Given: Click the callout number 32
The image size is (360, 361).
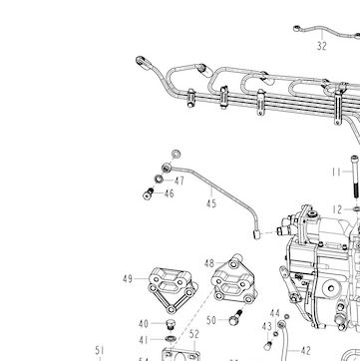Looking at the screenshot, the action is [321, 46].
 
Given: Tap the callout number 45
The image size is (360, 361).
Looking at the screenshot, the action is [211, 203].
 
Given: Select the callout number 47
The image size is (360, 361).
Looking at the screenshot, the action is [180, 181].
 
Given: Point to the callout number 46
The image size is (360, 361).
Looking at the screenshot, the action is [169, 193].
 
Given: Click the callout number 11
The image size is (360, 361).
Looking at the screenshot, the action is [336, 172].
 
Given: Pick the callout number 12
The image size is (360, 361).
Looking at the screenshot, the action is [337, 209].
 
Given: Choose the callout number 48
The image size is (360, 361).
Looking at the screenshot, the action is [209, 263].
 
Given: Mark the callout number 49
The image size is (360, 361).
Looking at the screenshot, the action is [128, 278].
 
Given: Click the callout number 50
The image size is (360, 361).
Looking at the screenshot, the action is [211, 320].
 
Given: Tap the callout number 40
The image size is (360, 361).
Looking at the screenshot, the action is [144, 323].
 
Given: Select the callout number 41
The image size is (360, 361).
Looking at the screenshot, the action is [144, 340].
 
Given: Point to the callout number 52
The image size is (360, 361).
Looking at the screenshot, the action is [194, 334].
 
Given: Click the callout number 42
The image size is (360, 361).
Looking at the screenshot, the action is [305, 350].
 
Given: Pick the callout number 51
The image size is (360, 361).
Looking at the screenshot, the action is [100, 350].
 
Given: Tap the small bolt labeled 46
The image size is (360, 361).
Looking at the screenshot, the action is [149, 193].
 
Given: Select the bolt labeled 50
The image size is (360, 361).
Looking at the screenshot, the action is [235, 317].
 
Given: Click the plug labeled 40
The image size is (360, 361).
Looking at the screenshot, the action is [171, 324].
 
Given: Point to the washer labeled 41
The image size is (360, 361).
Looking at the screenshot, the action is [171, 339].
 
